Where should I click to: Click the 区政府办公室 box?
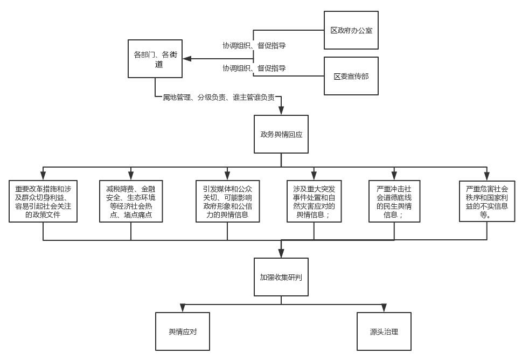351,30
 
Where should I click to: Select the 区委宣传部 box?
351,76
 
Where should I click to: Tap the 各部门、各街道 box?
155,59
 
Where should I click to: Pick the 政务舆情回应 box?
281,134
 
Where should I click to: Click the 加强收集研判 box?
281,277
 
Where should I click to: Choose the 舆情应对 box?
183,331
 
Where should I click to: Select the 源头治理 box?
384,331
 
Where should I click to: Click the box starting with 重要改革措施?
43,202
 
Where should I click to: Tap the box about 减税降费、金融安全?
131,202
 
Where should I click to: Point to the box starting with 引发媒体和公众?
227,202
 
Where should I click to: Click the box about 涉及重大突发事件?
314,202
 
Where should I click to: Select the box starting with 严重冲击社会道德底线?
394,202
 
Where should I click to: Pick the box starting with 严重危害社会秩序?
486,202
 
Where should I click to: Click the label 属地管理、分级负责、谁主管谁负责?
219,97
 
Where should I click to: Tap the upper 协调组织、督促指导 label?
254,46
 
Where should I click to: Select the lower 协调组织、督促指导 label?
254,68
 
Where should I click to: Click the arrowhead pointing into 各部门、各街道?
187,59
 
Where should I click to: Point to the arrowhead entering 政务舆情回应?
281,111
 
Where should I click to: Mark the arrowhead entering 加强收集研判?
281,253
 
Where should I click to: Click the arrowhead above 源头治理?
384,308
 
